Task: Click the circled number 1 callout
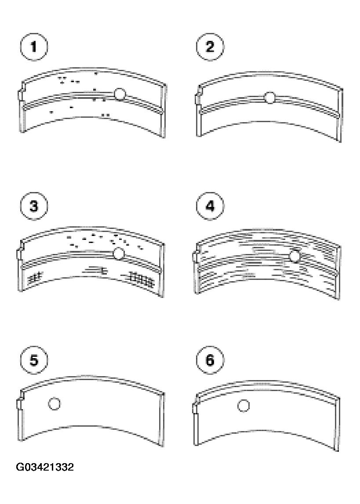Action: (x=34, y=47)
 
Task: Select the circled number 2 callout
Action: (x=210, y=47)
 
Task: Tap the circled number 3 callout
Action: (x=34, y=206)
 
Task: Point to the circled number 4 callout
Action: (x=210, y=206)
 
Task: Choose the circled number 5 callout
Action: (x=34, y=360)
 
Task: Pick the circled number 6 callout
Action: (x=210, y=360)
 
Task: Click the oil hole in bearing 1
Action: (x=120, y=94)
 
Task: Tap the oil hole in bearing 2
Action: (x=270, y=98)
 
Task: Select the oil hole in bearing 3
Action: (x=119, y=254)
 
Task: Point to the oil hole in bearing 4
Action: (x=295, y=257)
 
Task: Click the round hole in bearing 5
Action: (x=55, y=403)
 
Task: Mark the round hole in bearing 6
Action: (x=244, y=406)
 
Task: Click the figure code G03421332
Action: (x=45, y=467)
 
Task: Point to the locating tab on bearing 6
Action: (x=196, y=409)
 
